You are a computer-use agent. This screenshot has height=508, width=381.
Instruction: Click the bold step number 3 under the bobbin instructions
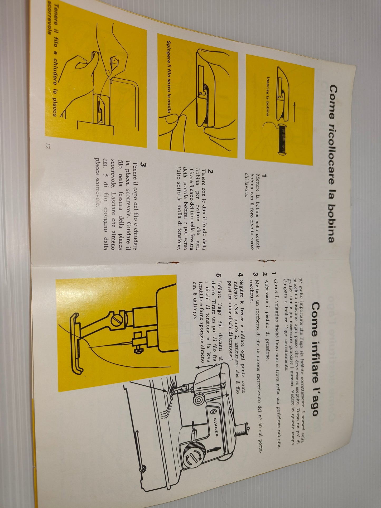pyautogui.click(x=143, y=165)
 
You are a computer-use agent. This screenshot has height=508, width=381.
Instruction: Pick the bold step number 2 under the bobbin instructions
pyautogui.click(x=210, y=172)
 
